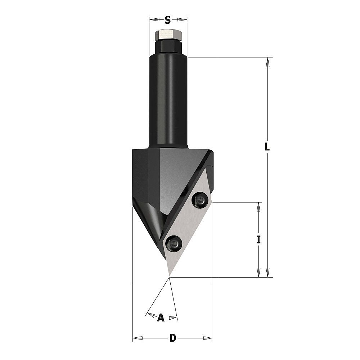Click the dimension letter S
[168, 20]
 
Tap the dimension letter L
[266, 147]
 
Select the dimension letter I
[258, 240]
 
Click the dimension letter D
[173, 338]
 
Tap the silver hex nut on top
[168, 35]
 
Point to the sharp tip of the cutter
[170, 275]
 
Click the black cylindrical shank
[168, 101]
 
